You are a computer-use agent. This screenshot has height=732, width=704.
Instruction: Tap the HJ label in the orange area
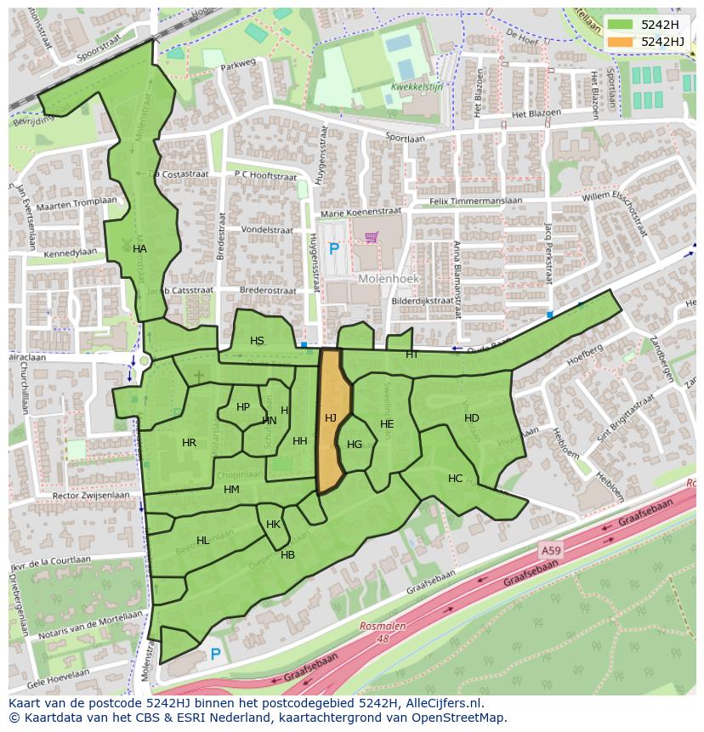[331, 417]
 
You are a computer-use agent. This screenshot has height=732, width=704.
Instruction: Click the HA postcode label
[140, 249]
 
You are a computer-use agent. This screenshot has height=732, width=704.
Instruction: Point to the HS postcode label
[257, 341]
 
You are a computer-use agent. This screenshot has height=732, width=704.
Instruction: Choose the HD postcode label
[472, 417]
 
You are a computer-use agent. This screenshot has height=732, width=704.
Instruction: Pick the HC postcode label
[455, 479]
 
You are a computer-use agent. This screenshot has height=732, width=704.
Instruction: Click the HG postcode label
[355, 444]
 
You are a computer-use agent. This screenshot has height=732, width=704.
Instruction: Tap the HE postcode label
[387, 424]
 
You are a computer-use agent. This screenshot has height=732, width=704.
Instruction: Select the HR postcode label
[189, 443]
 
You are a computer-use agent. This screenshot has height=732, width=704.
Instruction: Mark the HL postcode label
[202, 541]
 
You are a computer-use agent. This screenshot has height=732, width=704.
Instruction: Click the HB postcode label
[287, 555]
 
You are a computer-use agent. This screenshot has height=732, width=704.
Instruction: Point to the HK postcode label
[273, 525]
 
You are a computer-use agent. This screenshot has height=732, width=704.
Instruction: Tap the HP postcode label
[243, 407]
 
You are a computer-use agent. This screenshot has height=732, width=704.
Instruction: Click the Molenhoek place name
[383, 278]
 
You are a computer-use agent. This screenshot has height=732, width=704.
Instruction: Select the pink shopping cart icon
[372, 237]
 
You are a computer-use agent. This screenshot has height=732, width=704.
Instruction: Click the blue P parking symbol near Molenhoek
[334, 249]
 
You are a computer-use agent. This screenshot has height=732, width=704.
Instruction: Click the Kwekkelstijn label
[416, 87]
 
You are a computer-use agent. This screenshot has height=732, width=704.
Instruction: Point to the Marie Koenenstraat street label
[361, 213]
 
